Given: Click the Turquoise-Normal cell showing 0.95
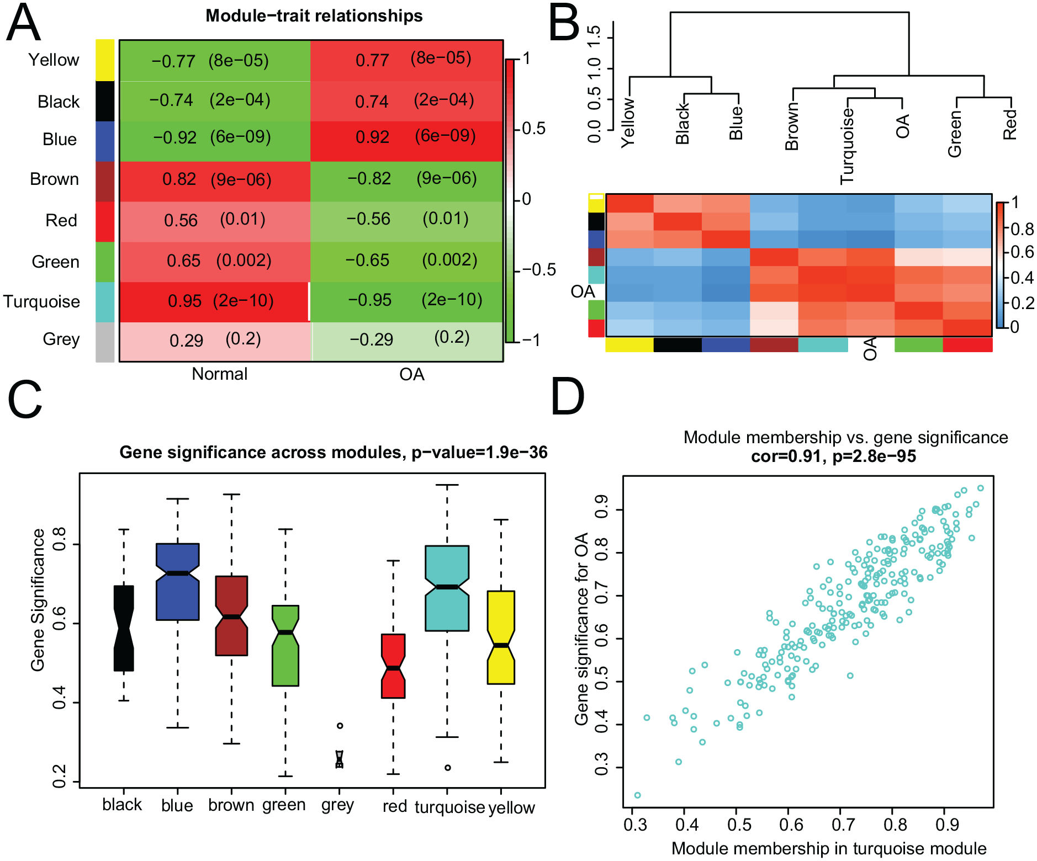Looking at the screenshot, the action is pyautogui.click(x=214, y=301).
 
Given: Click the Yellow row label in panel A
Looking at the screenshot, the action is pyautogui.click(x=54, y=60).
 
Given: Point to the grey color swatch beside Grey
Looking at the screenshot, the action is pyautogui.click(x=105, y=342).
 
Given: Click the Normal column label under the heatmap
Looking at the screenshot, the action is pyautogui.click(x=219, y=374).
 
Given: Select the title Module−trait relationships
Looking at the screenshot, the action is pyautogui.click(x=314, y=15).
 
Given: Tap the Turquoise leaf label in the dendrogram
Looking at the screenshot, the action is pyautogui.click(x=846, y=146).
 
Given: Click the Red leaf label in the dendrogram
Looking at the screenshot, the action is pyautogui.click(x=1009, y=125).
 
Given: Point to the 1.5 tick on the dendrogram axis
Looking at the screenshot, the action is pyautogui.click(x=594, y=38).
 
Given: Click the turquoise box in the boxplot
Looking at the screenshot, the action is pyautogui.click(x=447, y=588).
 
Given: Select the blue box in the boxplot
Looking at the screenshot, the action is pyautogui.click(x=178, y=582).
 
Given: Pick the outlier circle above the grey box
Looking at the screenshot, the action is pyautogui.click(x=340, y=725).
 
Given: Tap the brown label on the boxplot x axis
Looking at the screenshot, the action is pyautogui.click(x=231, y=805).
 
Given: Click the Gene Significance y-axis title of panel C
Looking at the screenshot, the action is pyautogui.click(x=38, y=600).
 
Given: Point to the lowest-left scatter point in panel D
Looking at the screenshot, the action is pyautogui.click(x=638, y=795).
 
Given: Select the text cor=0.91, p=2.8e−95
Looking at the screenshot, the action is pyautogui.click(x=834, y=456).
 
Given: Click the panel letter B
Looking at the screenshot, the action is pyautogui.click(x=564, y=23).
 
